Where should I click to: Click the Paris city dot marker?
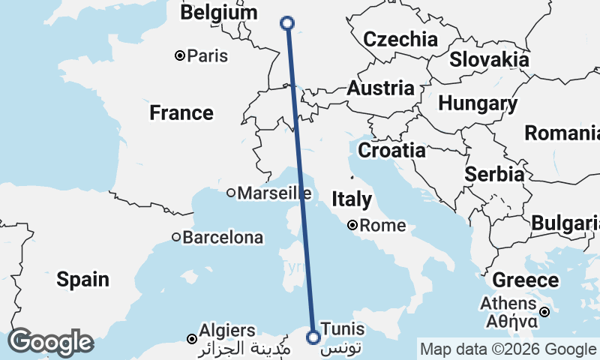180,55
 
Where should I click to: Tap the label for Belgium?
218,13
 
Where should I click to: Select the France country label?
181,113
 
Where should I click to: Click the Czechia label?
400,39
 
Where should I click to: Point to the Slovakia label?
489,59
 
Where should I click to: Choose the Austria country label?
380,88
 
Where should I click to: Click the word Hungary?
477,103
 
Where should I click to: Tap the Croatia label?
391,150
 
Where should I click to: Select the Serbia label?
494,174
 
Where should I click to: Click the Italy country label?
352,199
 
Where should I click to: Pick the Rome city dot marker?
351,224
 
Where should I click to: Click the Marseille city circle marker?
231,193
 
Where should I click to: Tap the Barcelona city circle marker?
176,238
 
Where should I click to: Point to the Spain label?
82,280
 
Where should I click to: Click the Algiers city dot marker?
192,339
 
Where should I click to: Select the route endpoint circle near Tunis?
313,337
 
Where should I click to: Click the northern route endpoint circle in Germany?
287,23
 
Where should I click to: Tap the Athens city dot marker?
545,312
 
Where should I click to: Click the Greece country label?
525,281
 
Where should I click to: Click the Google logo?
49,342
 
